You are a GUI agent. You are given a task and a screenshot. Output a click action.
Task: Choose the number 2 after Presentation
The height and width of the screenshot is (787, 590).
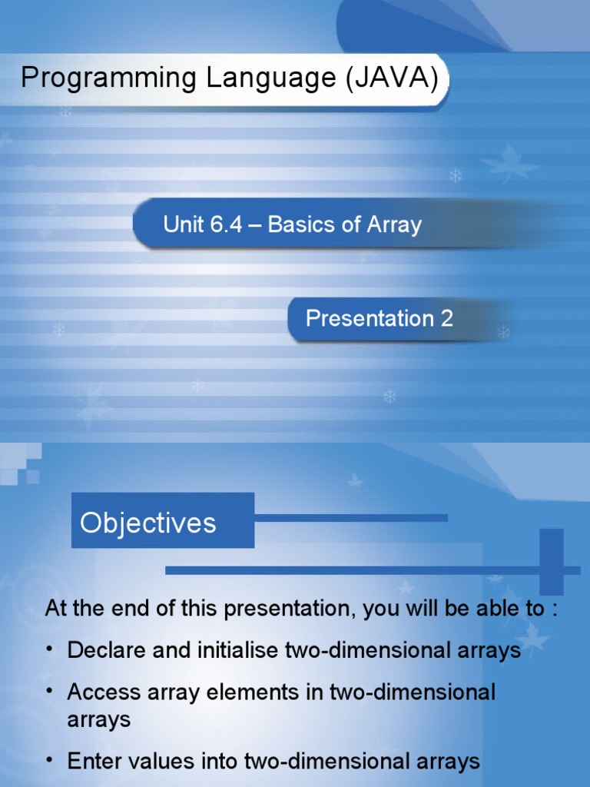(x=446, y=318)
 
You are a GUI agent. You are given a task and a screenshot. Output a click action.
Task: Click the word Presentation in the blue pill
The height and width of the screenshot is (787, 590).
(x=370, y=318)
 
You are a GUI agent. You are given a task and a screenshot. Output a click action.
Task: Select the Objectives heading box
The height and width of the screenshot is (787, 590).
(x=162, y=521)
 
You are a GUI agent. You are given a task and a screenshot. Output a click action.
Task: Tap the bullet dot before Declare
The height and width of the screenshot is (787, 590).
(x=50, y=649)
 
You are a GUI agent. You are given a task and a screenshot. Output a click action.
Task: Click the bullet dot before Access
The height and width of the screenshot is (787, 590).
(x=50, y=691)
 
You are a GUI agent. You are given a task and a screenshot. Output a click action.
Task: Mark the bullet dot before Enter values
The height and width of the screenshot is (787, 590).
(x=50, y=761)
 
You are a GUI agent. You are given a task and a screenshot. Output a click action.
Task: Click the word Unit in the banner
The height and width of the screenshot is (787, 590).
(x=181, y=224)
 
